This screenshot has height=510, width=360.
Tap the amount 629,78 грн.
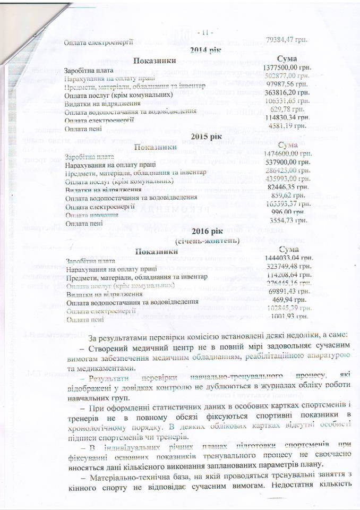click(x=289, y=109)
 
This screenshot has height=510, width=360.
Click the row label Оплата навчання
click(x=91, y=215)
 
